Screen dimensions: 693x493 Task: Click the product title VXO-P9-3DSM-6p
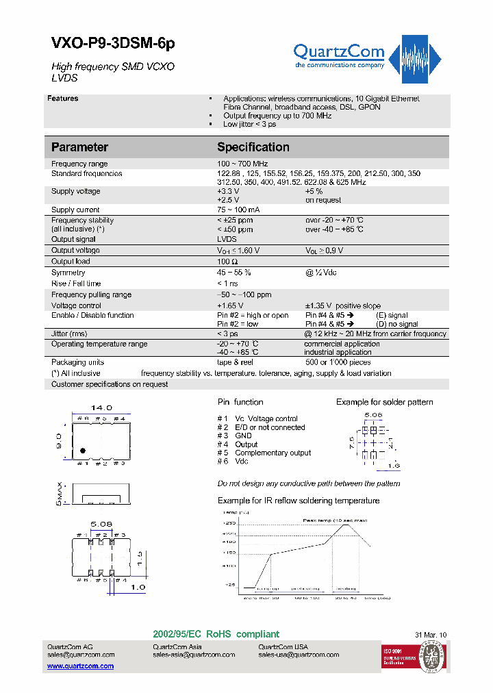[114, 43]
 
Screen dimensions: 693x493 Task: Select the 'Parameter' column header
[79, 147]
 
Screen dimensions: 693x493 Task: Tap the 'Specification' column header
[253, 147]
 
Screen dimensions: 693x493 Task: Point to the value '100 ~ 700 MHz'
[242, 164]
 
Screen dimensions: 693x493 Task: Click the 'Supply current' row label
[75, 210]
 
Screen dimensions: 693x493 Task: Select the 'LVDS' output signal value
[227, 239]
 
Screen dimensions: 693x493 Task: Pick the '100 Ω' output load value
[227, 262]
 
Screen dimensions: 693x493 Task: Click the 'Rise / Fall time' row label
[76, 283]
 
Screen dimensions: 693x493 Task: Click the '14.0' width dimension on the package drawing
[101, 407]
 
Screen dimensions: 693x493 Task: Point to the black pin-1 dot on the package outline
[83, 451]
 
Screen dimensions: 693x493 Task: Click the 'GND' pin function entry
[243, 436]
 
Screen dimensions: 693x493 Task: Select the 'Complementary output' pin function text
[273, 453]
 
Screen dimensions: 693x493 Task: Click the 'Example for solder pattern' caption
[385, 402]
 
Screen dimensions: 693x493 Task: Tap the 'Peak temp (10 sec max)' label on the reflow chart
[332, 520]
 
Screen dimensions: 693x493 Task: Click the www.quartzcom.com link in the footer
[80, 666]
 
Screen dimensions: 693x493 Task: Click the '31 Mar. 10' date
[431, 635]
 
